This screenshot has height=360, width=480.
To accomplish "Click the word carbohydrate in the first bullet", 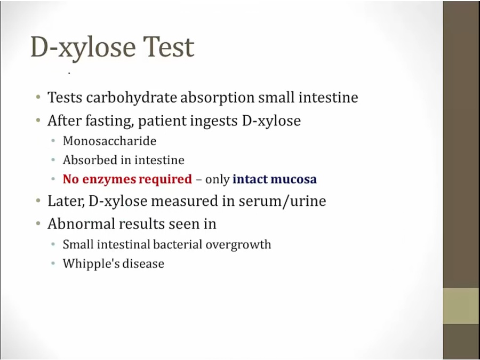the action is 131,98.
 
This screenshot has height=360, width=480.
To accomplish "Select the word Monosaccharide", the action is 109,141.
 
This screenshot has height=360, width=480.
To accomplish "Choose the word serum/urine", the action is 282,201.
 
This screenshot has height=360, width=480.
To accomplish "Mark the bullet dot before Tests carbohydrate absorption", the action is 38,98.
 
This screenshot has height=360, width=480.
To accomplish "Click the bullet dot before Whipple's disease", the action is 53,263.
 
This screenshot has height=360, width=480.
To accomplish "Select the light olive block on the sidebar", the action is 461,306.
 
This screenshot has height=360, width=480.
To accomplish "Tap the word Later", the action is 66,201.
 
